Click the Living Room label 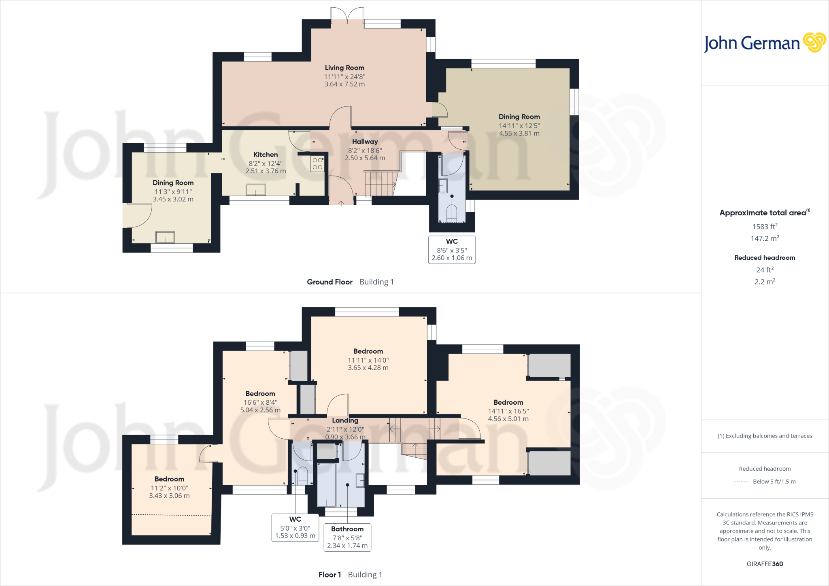[344, 68]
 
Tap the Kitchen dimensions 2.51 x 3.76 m [266, 171]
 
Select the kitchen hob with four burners [317, 163]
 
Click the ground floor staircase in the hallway [380, 183]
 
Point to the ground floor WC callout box [452, 250]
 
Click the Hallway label [365, 142]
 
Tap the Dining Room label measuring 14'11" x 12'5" [519, 117]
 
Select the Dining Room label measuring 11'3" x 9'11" [173, 183]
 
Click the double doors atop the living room [347, 15]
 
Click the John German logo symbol [814, 42]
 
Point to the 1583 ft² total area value [765, 227]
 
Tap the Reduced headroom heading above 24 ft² [765, 258]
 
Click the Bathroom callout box [347, 537]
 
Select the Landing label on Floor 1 [345, 420]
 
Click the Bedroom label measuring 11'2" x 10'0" [169, 479]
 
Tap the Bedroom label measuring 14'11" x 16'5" [508, 402]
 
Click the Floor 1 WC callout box [295, 527]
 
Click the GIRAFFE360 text [765, 564]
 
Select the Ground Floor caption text [329, 282]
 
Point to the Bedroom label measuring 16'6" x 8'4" [260, 394]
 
